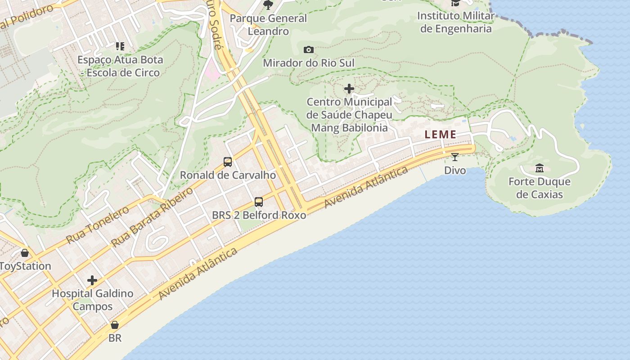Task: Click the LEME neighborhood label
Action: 441,134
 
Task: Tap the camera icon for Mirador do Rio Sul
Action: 309,49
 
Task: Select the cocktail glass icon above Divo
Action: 455,157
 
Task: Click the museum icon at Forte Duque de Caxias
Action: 540,168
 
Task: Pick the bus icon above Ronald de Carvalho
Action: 228,162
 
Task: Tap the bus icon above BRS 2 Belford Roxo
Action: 259,202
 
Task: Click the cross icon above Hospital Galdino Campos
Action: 92,280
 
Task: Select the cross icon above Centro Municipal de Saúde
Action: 349,89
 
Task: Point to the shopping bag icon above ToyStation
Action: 25,253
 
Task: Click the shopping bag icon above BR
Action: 115,324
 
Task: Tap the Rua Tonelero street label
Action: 97,225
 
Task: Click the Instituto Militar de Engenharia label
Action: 455,22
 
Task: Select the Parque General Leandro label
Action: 268,25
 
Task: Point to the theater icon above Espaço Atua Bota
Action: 120,46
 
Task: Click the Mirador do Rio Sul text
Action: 309,63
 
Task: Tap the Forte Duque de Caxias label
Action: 540,188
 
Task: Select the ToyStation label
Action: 26,266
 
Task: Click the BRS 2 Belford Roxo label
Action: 259,215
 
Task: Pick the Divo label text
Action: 455,171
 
